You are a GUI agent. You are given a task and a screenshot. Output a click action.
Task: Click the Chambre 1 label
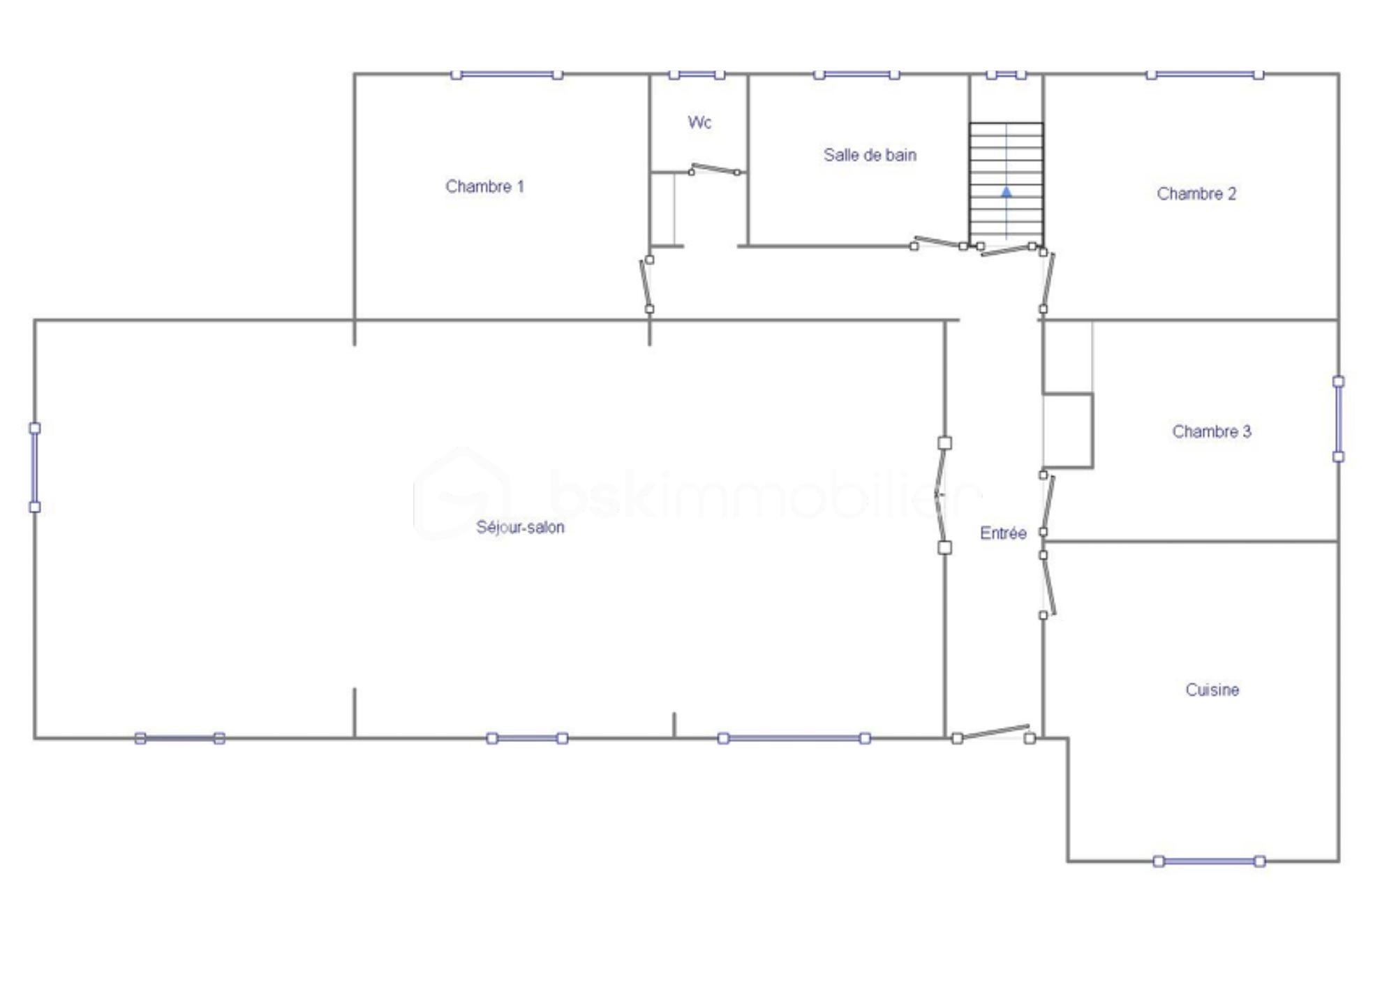coord(484,186)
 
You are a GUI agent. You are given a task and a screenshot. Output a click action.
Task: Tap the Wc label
coord(699,122)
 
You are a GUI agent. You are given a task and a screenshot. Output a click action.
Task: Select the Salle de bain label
coord(870,155)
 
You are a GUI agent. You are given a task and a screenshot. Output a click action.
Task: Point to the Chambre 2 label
coord(1196,193)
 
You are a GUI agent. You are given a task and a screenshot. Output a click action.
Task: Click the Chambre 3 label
coord(1212,431)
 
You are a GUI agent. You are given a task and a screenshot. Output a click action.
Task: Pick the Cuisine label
coord(1212,690)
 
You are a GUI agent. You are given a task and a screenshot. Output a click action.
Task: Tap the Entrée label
coord(1003,533)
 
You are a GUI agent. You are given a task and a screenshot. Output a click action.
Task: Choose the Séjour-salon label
coord(520,527)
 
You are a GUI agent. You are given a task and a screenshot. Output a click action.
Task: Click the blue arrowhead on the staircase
coord(1007,191)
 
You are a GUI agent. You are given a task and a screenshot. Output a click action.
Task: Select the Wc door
coord(715,169)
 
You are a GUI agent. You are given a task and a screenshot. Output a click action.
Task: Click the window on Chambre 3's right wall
coord(1338,419)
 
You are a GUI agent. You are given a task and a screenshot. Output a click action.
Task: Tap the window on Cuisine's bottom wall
coord(1209,861)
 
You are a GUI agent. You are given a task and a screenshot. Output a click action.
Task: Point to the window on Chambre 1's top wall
coord(507,74)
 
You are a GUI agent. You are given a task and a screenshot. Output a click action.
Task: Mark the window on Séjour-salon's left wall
coord(34,467)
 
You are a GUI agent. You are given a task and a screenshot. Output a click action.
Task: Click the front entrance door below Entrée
coord(993,734)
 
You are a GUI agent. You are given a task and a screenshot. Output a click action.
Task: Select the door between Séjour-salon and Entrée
coord(942,495)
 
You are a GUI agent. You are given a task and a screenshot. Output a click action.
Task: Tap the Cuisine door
coord(1047,585)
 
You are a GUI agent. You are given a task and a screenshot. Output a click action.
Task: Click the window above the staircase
coord(1006,74)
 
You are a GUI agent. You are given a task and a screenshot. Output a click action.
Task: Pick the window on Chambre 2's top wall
coord(1205,74)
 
